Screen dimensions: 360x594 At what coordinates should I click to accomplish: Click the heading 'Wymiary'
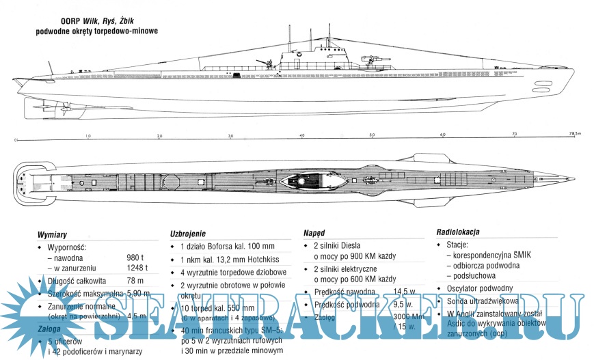tap(52, 234)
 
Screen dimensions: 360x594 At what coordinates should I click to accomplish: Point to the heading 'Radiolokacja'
tap(457, 232)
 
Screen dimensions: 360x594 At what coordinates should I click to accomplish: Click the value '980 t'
tap(136, 258)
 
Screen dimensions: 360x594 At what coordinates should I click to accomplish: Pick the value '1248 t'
tap(138, 268)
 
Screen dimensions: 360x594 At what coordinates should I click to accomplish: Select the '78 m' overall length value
tap(135, 281)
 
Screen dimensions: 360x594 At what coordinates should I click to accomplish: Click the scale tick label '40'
tap(301, 135)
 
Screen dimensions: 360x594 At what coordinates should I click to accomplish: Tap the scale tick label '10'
tap(87, 135)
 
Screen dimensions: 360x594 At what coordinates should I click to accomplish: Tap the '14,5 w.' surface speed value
tap(405, 291)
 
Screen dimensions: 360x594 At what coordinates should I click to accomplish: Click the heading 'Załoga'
tap(49, 329)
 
